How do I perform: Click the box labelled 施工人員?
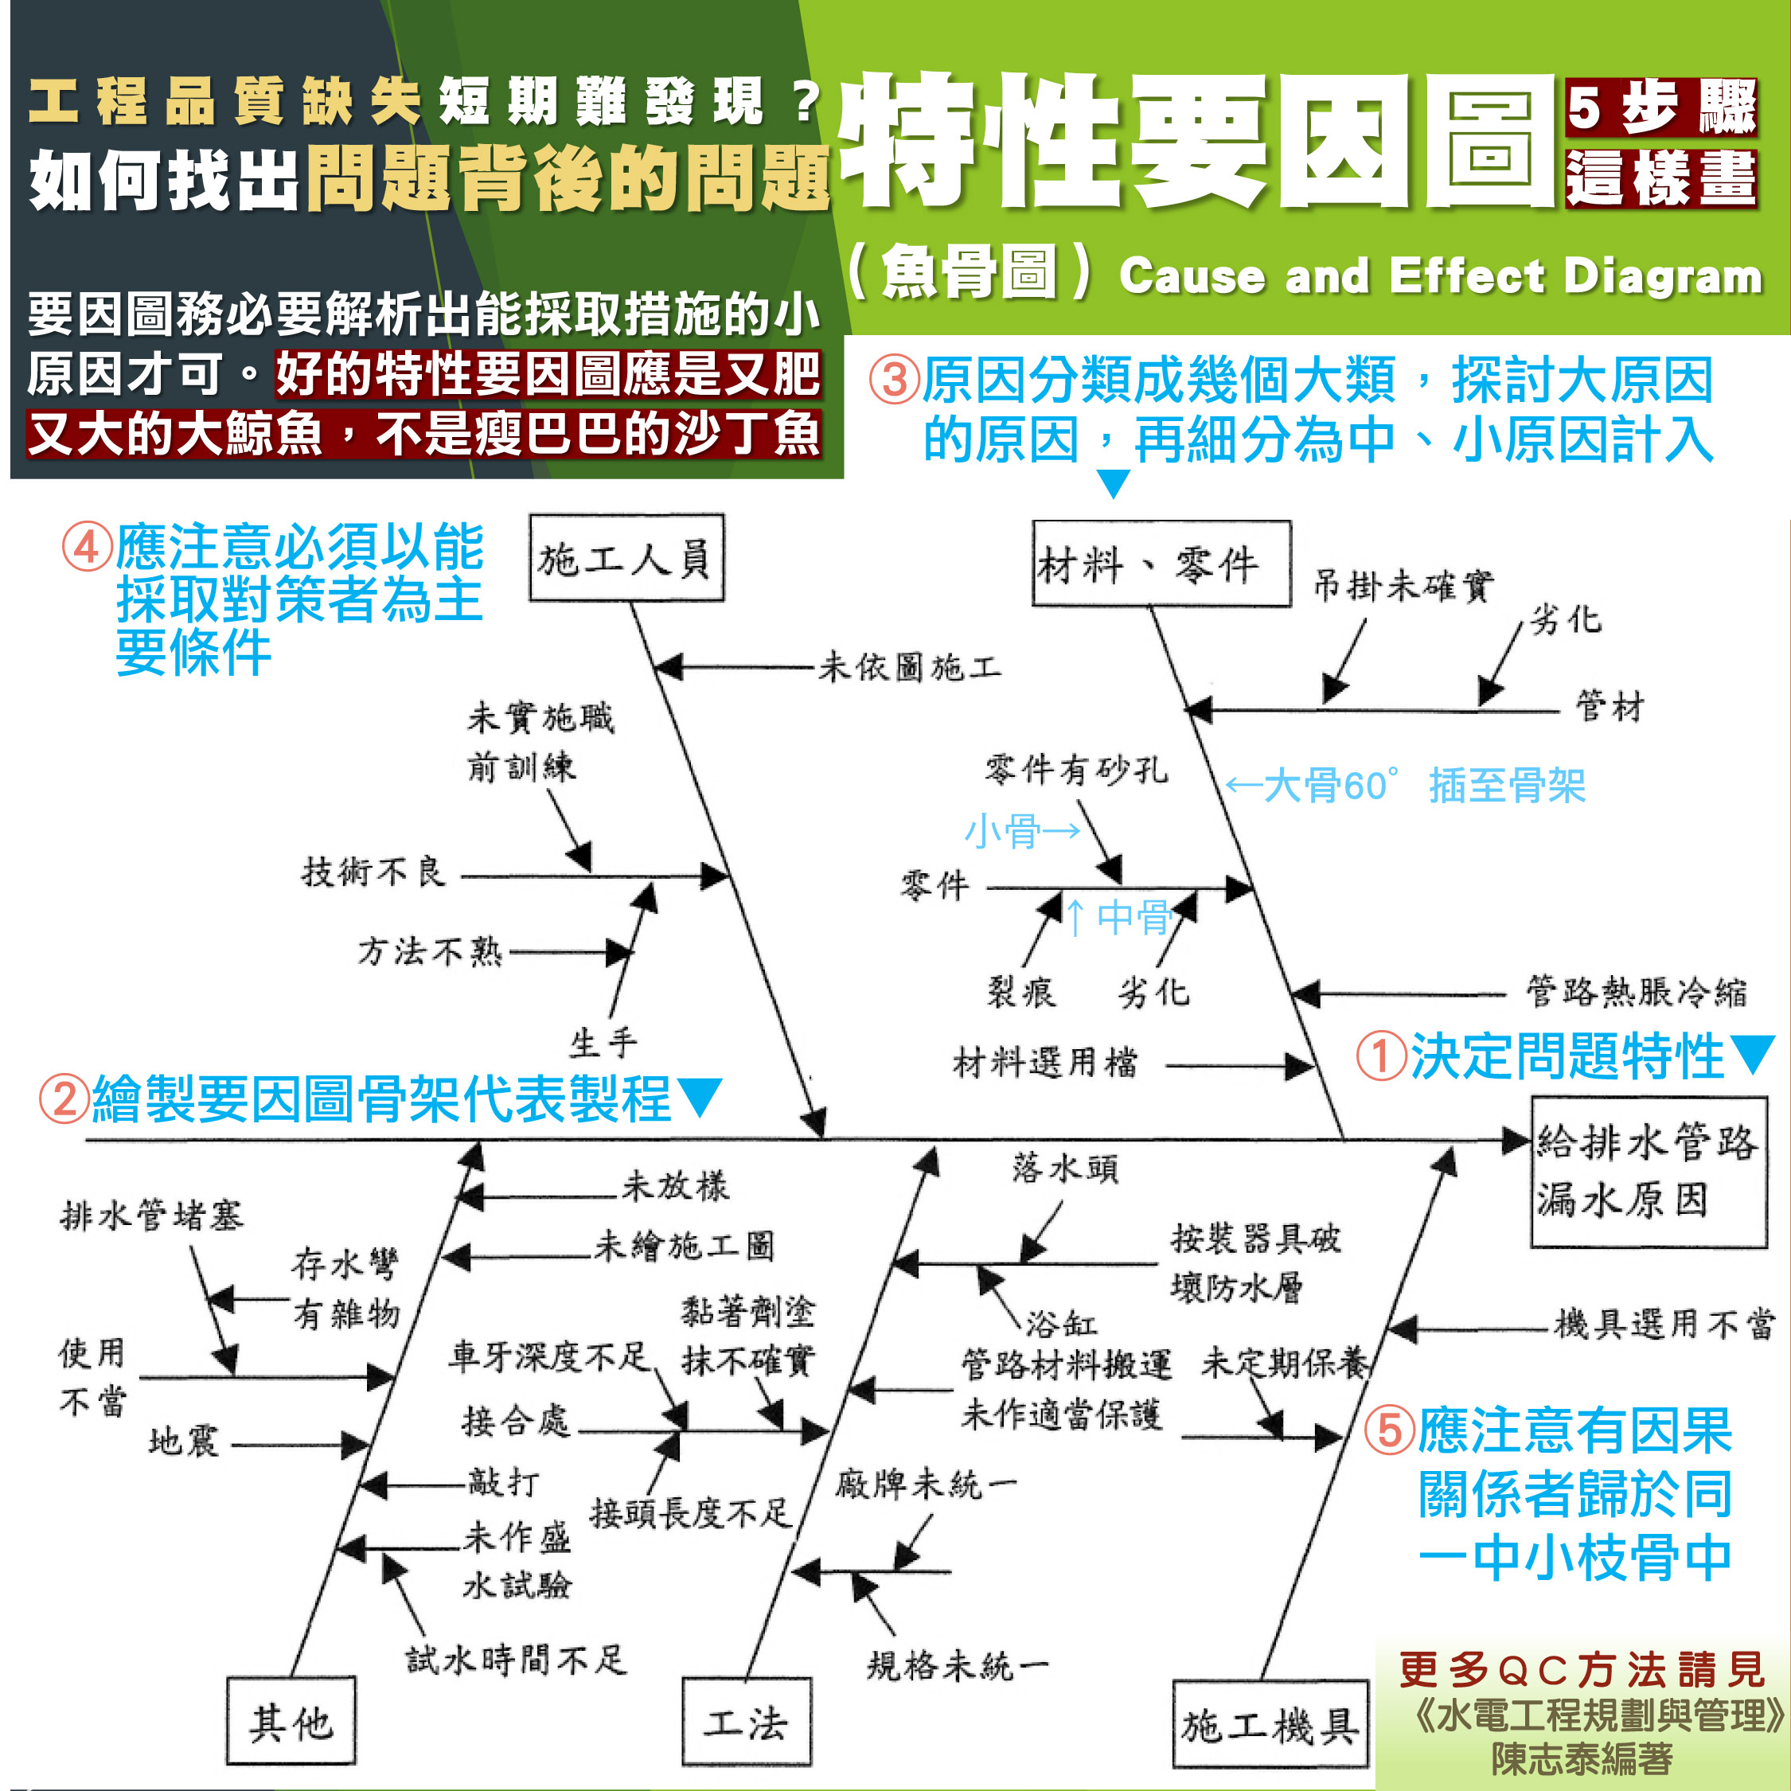click(626, 559)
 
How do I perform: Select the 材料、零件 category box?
click(1161, 564)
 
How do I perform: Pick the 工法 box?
click(747, 1722)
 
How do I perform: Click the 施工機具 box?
click(1270, 1725)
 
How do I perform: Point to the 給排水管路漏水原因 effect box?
click(1649, 1172)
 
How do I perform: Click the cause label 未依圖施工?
click(909, 666)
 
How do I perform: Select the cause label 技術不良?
click(373, 872)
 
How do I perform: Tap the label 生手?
click(603, 1043)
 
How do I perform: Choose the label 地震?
click(184, 1441)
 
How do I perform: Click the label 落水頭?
click(1065, 1168)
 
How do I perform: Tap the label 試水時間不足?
click(517, 1660)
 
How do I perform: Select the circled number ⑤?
click(1390, 1430)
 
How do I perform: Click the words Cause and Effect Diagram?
click(1441, 276)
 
